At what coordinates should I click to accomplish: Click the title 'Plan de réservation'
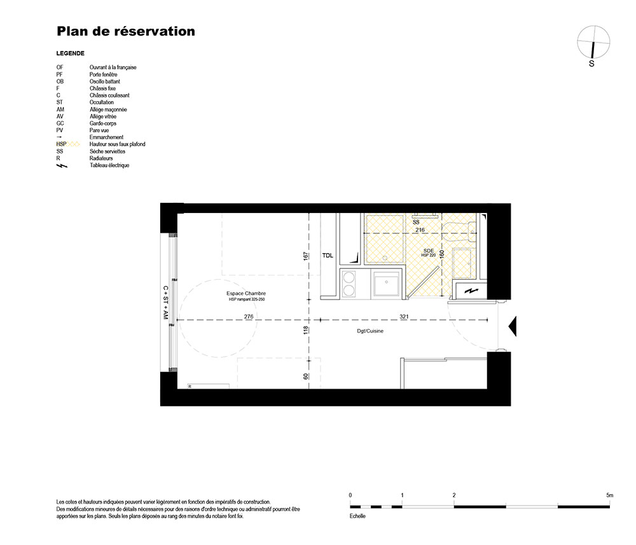click(x=126, y=31)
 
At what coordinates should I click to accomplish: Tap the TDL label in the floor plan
click(x=328, y=256)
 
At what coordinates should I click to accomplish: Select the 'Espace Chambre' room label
click(x=246, y=293)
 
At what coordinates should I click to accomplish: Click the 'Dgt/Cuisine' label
click(x=370, y=331)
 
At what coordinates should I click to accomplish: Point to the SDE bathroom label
click(x=429, y=251)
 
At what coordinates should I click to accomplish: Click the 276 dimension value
click(x=249, y=316)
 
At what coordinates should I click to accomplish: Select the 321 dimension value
click(x=404, y=316)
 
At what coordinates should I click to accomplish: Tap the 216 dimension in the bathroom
click(x=420, y=230)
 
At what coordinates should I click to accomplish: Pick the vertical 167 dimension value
click(x=305, y=256)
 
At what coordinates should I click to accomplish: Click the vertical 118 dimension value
click(x=305, y=329)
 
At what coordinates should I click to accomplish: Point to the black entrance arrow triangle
click(x=513, y=326)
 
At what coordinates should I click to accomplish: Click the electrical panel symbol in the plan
click(x=471, y=291)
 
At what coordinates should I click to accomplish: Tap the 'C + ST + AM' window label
click(x=165, y=303)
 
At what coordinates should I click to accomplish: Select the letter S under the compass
click(x=591, y=64)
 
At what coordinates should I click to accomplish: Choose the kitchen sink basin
click(x=387, y=284)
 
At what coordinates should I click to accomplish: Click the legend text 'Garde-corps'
click(x=103, y=123)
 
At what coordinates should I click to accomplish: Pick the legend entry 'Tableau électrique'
click(x=109, y=165)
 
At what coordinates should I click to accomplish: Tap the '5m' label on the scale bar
click(x=610, y=495)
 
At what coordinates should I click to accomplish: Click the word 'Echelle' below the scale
click(x=357, y=516)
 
